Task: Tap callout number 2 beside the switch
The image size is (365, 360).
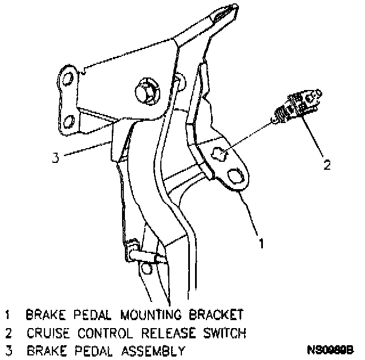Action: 327,165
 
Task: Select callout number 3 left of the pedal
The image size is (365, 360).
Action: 55,158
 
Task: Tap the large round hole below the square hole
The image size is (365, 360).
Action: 236,175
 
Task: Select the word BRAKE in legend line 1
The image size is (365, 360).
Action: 45,314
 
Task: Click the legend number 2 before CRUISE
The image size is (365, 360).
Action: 9,332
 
